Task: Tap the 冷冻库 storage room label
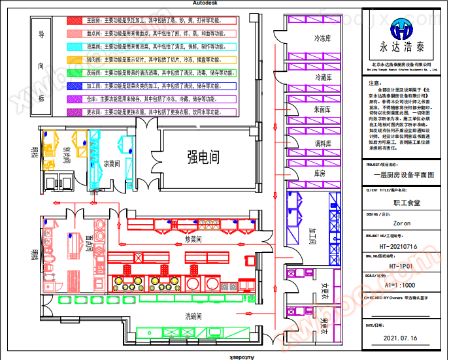324,38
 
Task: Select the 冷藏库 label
324,77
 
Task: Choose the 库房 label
320,173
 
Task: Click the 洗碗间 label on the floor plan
197,316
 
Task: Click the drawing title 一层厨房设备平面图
403,174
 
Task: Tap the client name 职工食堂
403,203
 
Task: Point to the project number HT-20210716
403,246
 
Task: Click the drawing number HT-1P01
403,266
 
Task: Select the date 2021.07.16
403,338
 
